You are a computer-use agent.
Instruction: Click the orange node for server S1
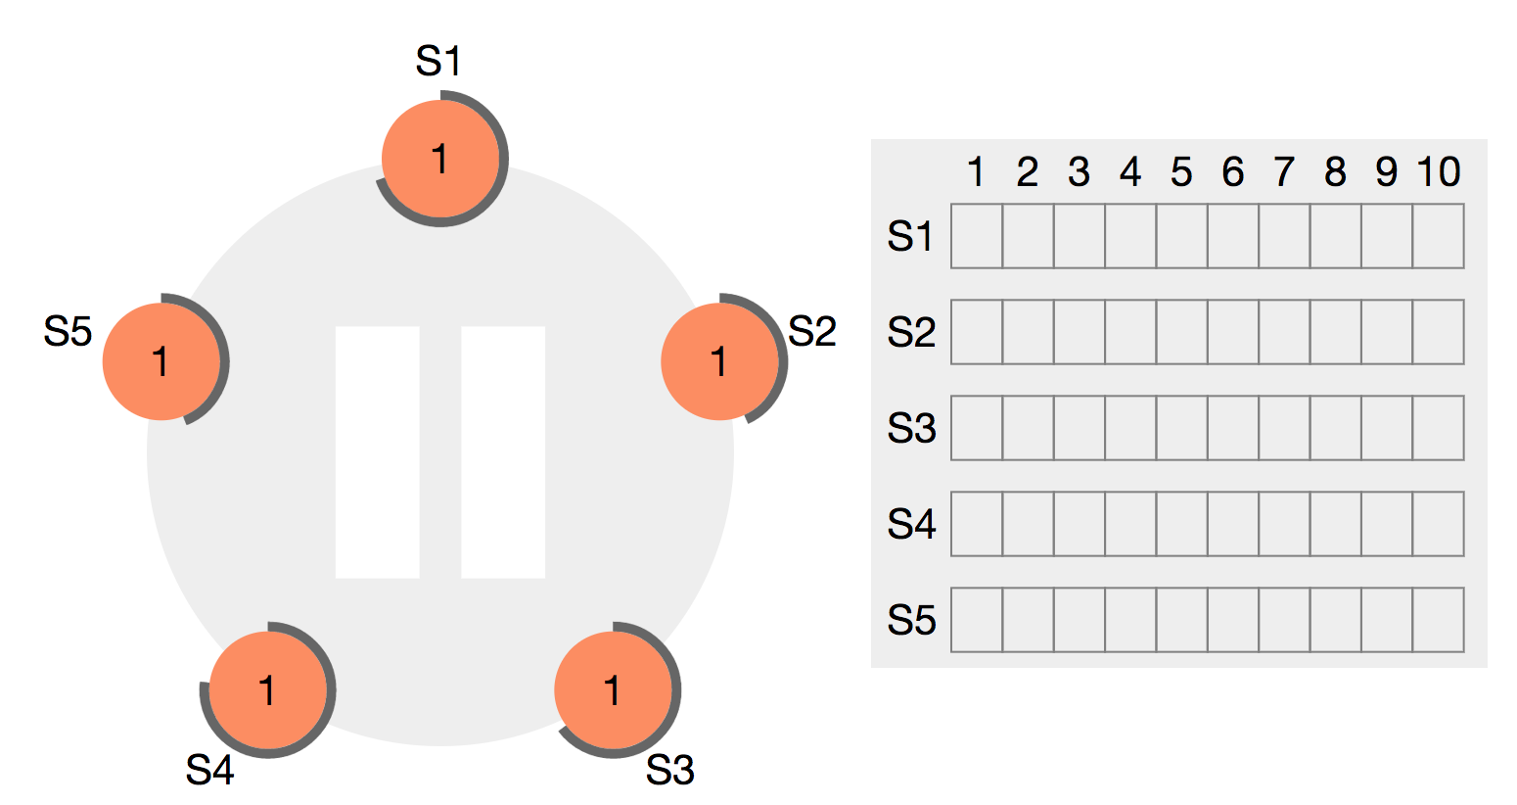(x=440, y=159)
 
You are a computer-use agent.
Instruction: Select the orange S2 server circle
(x=719, y=361)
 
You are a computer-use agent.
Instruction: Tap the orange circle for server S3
(x=613, y=690)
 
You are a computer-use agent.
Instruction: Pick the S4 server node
(x=267, y=690)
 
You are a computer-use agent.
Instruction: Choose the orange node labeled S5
(x=161, y=361)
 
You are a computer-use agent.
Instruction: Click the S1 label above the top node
(x=438, y=62)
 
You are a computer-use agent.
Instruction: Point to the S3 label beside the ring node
(x=670, y=771)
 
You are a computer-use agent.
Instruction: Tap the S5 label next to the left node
(x=68, y=332)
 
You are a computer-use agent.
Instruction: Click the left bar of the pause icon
(x=378, y=451)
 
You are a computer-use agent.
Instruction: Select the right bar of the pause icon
(x=503, y=451)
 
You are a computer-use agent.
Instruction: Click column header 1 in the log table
(x=975, y=172)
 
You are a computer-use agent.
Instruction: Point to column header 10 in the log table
(x=1438, y=172)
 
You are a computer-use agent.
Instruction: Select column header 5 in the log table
(x=1181, y=172)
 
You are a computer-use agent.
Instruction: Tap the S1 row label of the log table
(x=911, y=237)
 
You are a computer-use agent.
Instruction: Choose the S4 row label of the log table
(x=911, y=525)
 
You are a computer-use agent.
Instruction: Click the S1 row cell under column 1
(x=977, y=236)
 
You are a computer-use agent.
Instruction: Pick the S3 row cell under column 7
(x=1284, y=428)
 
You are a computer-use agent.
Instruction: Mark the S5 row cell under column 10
(x=1439, y=620)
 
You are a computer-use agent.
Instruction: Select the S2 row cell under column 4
(x=1130, y=332)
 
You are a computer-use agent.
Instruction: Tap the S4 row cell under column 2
(x=1028, y=524)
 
